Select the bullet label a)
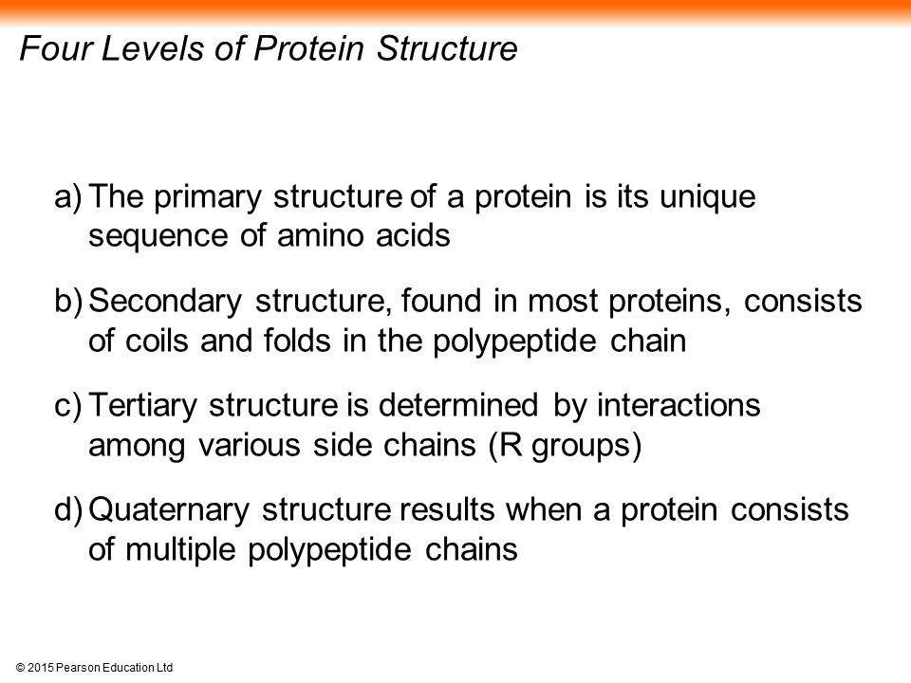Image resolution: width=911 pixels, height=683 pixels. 68,197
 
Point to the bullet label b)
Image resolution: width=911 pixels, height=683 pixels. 68,301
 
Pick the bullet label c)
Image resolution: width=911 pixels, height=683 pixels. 68,405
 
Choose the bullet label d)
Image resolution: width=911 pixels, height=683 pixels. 68,509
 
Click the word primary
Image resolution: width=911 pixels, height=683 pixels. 209,198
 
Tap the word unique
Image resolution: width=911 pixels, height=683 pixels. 708,198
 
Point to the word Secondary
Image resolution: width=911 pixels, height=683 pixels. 165,302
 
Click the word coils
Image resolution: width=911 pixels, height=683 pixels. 157,341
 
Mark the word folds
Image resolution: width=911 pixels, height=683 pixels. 297,341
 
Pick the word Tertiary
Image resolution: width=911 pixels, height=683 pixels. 143,407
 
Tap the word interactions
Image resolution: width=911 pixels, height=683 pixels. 679,405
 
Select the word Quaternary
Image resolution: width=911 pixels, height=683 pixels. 169,510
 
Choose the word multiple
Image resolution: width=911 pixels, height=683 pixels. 180,550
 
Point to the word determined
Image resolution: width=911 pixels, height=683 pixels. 458,405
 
